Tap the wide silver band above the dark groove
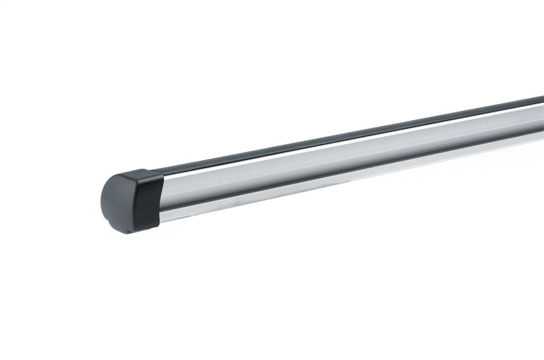click(340, 158)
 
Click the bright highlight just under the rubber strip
click(340, 145)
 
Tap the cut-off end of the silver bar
click(541, 126)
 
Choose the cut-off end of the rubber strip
click(541, 101)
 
